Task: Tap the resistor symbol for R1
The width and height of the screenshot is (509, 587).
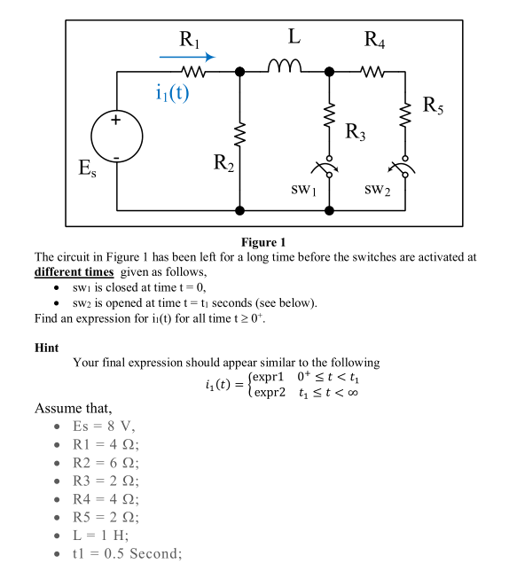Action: click(x=193, y=71)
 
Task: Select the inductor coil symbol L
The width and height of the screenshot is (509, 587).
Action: click(x=285, y=67)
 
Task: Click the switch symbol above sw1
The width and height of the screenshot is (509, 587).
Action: click(x=328, y=168)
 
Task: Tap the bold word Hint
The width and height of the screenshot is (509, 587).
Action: click(x=46, y=348)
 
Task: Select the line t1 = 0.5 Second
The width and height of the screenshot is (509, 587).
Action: click(x=127, y=554)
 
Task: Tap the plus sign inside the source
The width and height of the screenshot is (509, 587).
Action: click(x=117, y=124)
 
